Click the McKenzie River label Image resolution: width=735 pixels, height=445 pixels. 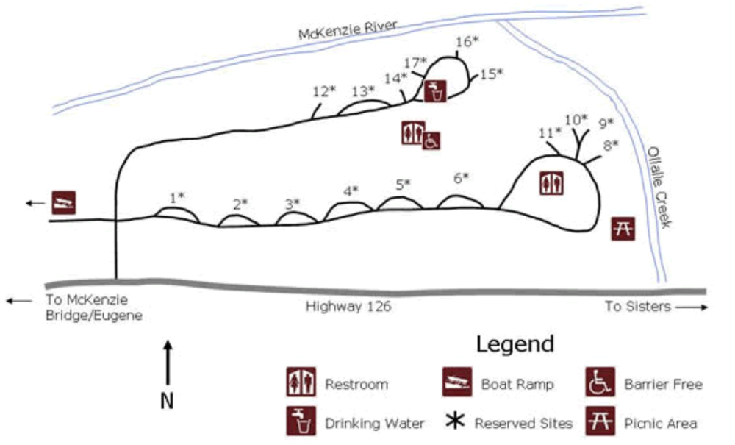pyautogui.click(x=348, y=29)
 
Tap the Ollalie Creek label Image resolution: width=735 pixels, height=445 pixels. pyautogui.click(x=659, y=187)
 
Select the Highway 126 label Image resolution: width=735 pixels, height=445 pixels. pyautogui.click(x=348, y=306)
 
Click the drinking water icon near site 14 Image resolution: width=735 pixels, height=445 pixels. pyautogui.click(x=435, y=91)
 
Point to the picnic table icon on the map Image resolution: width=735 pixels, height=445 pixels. pyautogui.click(x=623, y=228)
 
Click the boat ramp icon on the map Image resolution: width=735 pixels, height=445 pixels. pyautogui.click(x=64, y=202)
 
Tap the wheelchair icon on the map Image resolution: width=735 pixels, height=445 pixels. pyautogui.click(x=431, y=140)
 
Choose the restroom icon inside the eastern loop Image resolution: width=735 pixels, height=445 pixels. pyautogui.click(x=551, y=183)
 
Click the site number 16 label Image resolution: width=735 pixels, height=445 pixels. pyautogui.click(x=467, y=41)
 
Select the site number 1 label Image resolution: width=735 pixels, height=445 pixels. pyautogui.click(x=177, y=198)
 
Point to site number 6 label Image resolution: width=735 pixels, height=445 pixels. pyautogui.click(x=461, y=178)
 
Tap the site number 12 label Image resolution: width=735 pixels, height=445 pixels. pyautogui.click(x=324, y=91)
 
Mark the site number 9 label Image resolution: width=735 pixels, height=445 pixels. pyautogui.click(x=606, y=124)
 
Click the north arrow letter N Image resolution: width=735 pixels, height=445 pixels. pyautogui.click(x=167, y=401)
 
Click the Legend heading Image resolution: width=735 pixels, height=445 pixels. pyautogui.click(x=515, y=343)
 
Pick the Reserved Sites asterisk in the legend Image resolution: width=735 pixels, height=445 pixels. pyautogui.click(x=455, y=420)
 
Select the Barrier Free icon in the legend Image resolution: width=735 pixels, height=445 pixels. pyautogui.click(x=600, y=382)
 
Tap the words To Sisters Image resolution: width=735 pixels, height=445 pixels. pyautogui.click(x=637, y=306)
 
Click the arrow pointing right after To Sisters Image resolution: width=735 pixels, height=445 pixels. pyautogui.click(x=692, y=307)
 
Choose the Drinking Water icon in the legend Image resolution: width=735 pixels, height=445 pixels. pyautogui.click(x=301, y=421)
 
